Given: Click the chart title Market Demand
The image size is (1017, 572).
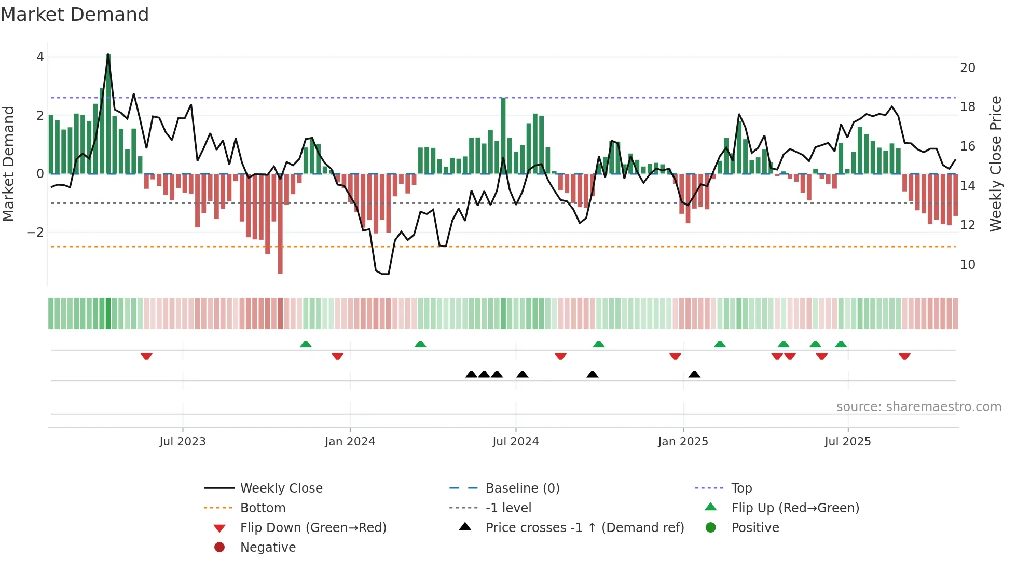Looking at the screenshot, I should [x=75, y=15].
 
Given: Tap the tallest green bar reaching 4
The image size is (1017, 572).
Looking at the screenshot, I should [x=108, y=114].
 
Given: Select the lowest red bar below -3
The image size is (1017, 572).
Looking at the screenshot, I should [x=280, y=223].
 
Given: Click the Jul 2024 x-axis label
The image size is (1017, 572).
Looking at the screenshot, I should [x=515, y=442].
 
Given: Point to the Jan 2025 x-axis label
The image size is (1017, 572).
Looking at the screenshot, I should [x=683, y=442].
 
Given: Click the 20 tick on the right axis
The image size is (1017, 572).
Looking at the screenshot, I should [x=967, y=68].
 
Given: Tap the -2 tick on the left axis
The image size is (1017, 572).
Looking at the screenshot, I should [x=35, y=233].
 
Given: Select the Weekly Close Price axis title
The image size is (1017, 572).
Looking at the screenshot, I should [x=995, y=164].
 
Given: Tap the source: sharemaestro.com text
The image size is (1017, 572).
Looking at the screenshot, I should [x=918, y=407].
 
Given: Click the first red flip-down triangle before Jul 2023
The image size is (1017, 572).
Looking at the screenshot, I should [x=146, y=356].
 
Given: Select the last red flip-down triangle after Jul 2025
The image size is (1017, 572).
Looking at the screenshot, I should [x=904, y=356].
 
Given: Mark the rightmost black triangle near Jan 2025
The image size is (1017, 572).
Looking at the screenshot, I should [x=694, y=374].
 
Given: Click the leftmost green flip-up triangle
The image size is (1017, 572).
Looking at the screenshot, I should [x=306, y=344].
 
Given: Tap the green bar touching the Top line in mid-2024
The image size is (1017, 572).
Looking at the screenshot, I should [x=503, y=135].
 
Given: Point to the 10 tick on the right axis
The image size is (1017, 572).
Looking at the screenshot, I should [x=967, y=265].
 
